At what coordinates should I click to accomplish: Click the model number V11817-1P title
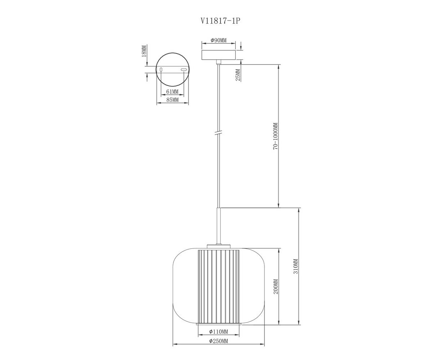[220, 21]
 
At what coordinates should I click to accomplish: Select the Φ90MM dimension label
[218, 40]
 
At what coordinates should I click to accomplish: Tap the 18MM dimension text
[144, 51]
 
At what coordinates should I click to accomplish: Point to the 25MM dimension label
[238, 75]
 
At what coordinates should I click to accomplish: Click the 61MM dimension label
[172, 91]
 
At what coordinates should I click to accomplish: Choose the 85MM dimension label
[172, 100]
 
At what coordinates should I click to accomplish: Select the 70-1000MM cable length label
[276, 136]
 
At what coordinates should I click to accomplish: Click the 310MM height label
[296, 266]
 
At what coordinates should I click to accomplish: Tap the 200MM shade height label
[276, 287]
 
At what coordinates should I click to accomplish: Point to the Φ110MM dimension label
[218, 332]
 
